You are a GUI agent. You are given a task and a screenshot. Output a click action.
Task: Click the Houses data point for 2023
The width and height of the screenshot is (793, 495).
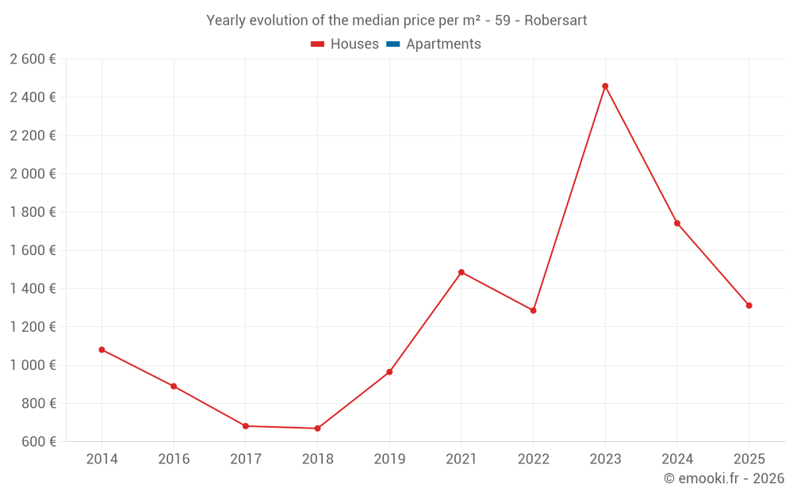pyautogui.click(x=605, y=86)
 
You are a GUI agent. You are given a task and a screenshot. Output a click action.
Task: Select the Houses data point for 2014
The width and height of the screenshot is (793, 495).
pyautogui.click(x=102, y=349)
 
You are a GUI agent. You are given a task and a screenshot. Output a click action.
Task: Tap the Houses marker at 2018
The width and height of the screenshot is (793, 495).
pyautogui.click(x=317, y=428)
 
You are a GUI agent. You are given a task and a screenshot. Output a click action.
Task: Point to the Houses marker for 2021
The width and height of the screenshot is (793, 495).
pyautogui.click(x=462, y=272)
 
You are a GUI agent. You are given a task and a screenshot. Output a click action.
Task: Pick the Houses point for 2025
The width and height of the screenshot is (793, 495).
pyautogui.click(x=749, y=306)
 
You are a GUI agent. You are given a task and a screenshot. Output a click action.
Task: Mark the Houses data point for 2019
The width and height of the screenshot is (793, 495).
pyautogui.click(x=389, y=371)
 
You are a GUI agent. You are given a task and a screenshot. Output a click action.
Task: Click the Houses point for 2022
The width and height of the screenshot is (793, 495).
pyautogui.click(x=533, y=310)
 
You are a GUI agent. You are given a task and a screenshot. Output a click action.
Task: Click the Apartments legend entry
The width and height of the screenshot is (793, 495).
pyautogui.click(x=443, y=44)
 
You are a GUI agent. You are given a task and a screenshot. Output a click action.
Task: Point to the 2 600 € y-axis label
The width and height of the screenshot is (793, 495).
pyautogui.click(x=33, y=59)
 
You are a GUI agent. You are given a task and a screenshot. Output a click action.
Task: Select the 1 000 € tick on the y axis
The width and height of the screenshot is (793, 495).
pyautogui.click(x=33, y=365)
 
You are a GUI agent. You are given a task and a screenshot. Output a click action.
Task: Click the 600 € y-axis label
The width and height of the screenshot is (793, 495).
pyautogui.click(x=38, y=442)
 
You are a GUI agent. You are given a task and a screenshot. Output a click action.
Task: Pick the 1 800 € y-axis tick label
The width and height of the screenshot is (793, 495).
pyautogui.click(x=33, y=212)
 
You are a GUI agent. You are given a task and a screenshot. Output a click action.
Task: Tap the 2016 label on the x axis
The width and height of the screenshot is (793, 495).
pyautogui.click(x=174, y=459)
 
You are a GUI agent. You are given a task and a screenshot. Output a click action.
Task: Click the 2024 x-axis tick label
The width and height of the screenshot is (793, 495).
pyautogui.click(x=676, y=459)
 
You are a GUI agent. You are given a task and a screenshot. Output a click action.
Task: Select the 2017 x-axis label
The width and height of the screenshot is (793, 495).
pyautogui.click(x=246, y=459)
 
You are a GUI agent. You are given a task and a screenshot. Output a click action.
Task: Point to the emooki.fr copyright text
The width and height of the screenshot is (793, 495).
pyautogui.click(x=724, y=478)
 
